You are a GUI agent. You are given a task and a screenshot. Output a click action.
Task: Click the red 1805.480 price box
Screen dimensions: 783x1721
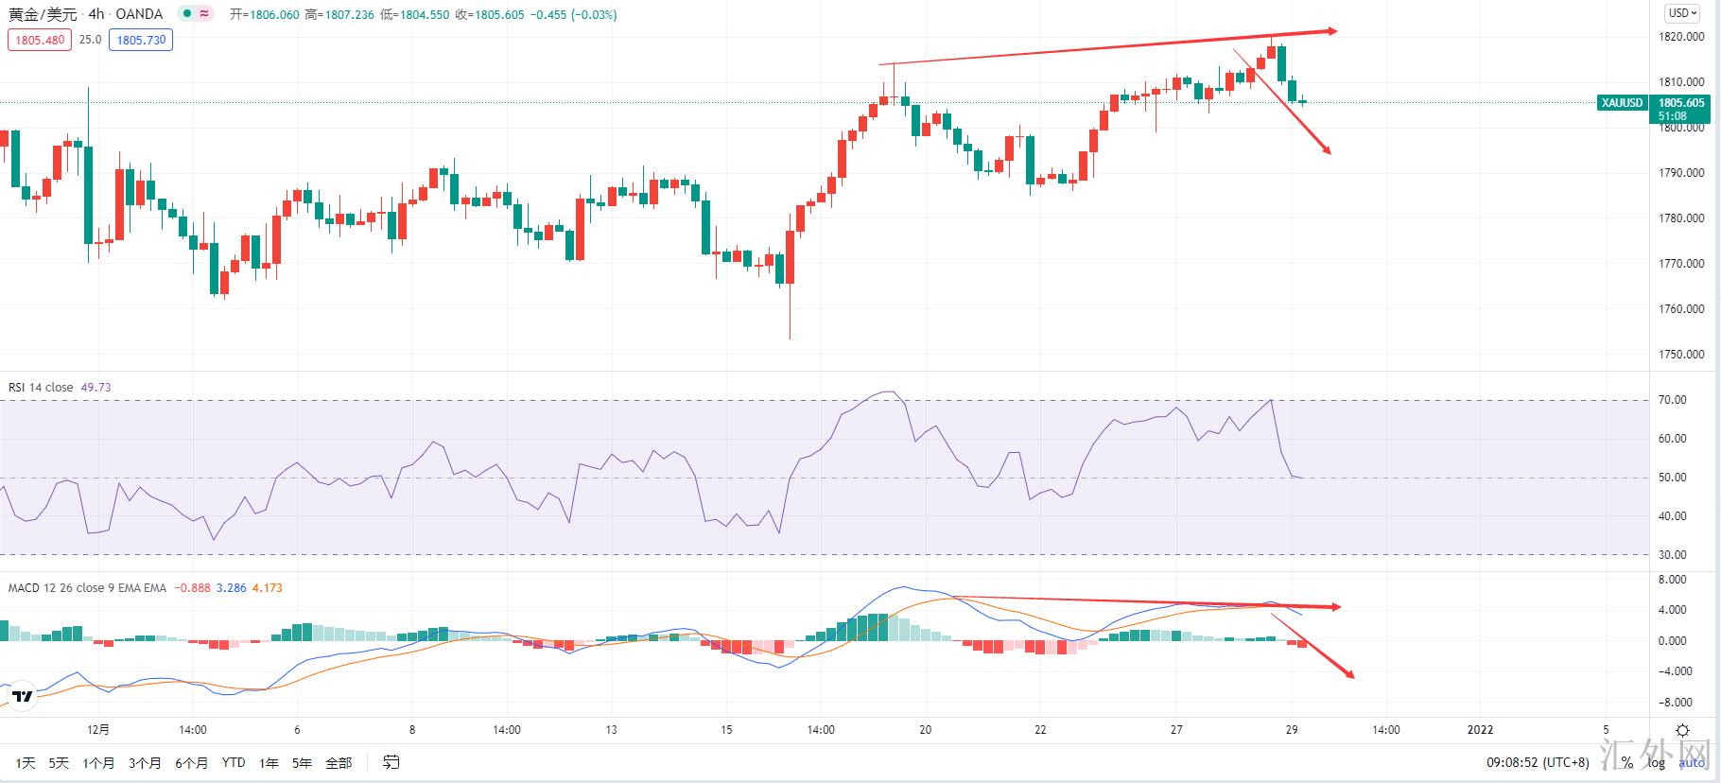(40, 40)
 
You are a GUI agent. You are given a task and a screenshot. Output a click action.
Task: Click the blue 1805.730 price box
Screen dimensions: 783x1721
(141, 40)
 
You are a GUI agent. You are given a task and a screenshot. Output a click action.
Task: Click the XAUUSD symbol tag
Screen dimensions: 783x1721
(1622, 103)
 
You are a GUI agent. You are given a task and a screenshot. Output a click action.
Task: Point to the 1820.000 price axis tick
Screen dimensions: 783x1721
(1681, 37)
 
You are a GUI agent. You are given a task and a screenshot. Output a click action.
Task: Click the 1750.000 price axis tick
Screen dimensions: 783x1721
(1681, 355)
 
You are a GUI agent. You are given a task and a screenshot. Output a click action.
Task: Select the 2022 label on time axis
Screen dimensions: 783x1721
(1480, 730)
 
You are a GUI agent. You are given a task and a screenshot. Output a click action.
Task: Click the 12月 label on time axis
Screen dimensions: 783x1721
(98, 730)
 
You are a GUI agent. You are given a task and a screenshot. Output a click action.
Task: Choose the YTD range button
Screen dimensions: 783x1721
(234, 763)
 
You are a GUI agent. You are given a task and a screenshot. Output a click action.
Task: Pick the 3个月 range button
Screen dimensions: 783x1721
(145, 763)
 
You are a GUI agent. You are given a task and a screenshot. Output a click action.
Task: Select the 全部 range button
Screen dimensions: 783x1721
(339, 763)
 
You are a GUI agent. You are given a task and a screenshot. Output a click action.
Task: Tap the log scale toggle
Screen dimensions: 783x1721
(1656, 763)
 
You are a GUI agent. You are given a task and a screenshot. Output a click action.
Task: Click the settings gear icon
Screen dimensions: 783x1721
(1682, 730)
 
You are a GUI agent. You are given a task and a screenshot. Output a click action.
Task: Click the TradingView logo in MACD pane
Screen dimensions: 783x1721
(23, 697)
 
